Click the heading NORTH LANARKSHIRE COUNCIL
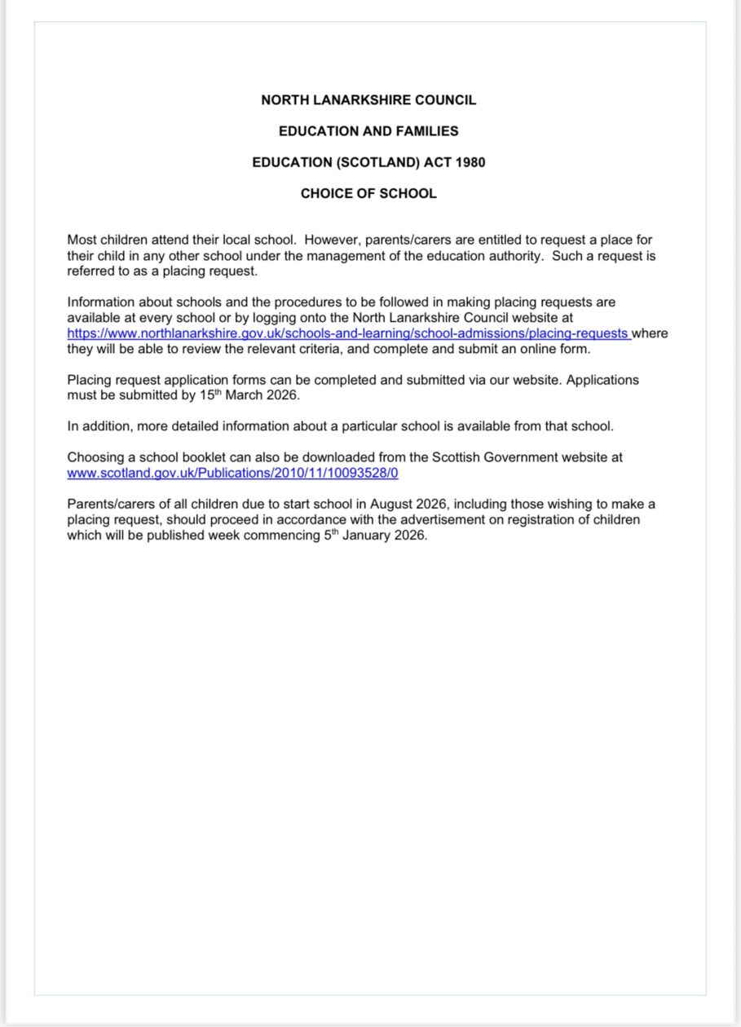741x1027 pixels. coord(368,100)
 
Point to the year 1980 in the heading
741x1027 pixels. coord(470,162)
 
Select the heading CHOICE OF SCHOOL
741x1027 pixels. coord(368,194)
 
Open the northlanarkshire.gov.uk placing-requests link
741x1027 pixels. coord(348,333)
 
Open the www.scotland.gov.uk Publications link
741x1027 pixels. coord(232,473)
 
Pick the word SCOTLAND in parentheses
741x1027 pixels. coord(384,162)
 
